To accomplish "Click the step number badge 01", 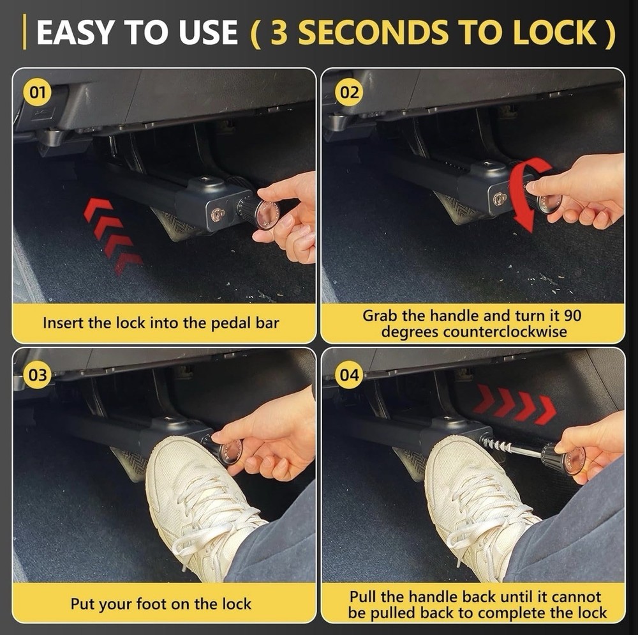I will [36, 94].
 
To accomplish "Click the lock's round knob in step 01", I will [262, 212].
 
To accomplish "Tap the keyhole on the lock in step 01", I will [218, 214].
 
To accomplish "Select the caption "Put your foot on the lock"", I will [161, 604].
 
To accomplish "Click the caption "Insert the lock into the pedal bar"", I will [161, 323].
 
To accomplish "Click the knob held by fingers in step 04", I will [565, 459].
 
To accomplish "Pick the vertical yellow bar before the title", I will [24, 33].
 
